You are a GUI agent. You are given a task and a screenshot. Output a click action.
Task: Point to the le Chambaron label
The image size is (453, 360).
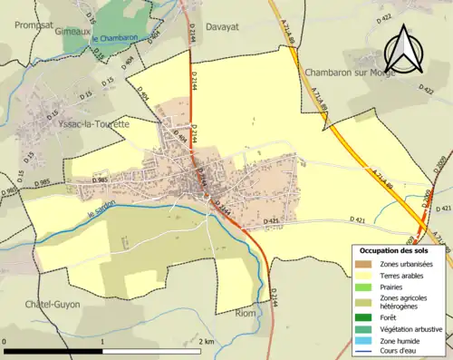pos(114,38)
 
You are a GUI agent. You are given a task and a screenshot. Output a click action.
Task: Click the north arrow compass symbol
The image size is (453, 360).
pos(403,50)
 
